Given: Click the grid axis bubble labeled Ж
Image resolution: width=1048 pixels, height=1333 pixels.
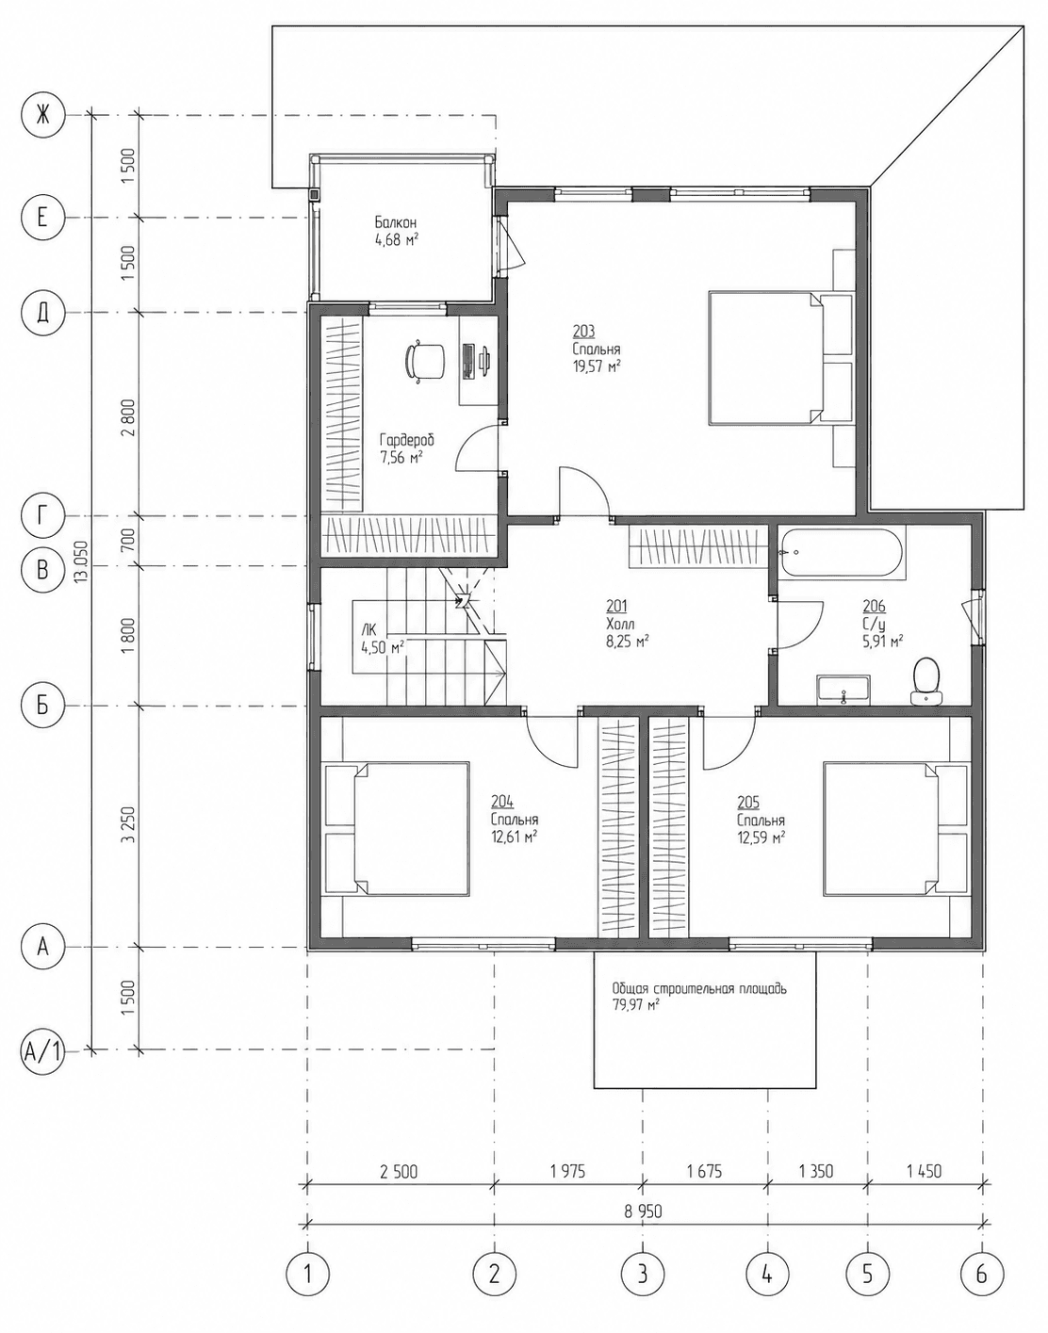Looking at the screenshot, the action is coord(41,115).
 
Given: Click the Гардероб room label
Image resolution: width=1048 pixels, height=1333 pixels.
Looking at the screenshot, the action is coord(407,441).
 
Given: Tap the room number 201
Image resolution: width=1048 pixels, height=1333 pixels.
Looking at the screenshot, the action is coord(616,606).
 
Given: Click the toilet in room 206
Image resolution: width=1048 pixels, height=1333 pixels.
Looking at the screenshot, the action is coord(926,681).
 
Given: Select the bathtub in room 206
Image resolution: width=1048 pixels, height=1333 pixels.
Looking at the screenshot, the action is coord(842,553).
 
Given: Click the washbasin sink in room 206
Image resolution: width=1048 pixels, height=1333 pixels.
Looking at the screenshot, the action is coord(843,688).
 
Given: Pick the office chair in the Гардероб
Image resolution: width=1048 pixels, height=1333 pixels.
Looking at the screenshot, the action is coord(424,363).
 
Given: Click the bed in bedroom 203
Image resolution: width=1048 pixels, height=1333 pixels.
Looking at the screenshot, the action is coord(780,358).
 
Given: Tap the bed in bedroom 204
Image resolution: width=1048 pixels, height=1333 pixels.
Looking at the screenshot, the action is coord(396,829).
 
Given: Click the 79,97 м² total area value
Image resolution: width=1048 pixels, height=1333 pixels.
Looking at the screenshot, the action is coord(635,1005).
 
